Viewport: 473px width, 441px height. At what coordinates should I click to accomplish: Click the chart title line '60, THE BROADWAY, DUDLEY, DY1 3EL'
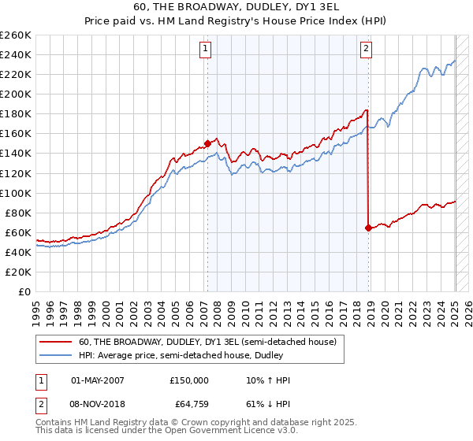236,7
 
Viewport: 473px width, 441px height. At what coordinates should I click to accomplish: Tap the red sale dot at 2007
207,143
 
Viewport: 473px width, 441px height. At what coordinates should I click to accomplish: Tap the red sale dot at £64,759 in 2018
368,228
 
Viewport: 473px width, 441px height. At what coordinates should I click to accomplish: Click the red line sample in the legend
55,342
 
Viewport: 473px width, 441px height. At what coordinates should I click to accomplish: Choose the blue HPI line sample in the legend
55,356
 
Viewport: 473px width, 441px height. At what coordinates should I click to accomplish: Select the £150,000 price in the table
189,380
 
